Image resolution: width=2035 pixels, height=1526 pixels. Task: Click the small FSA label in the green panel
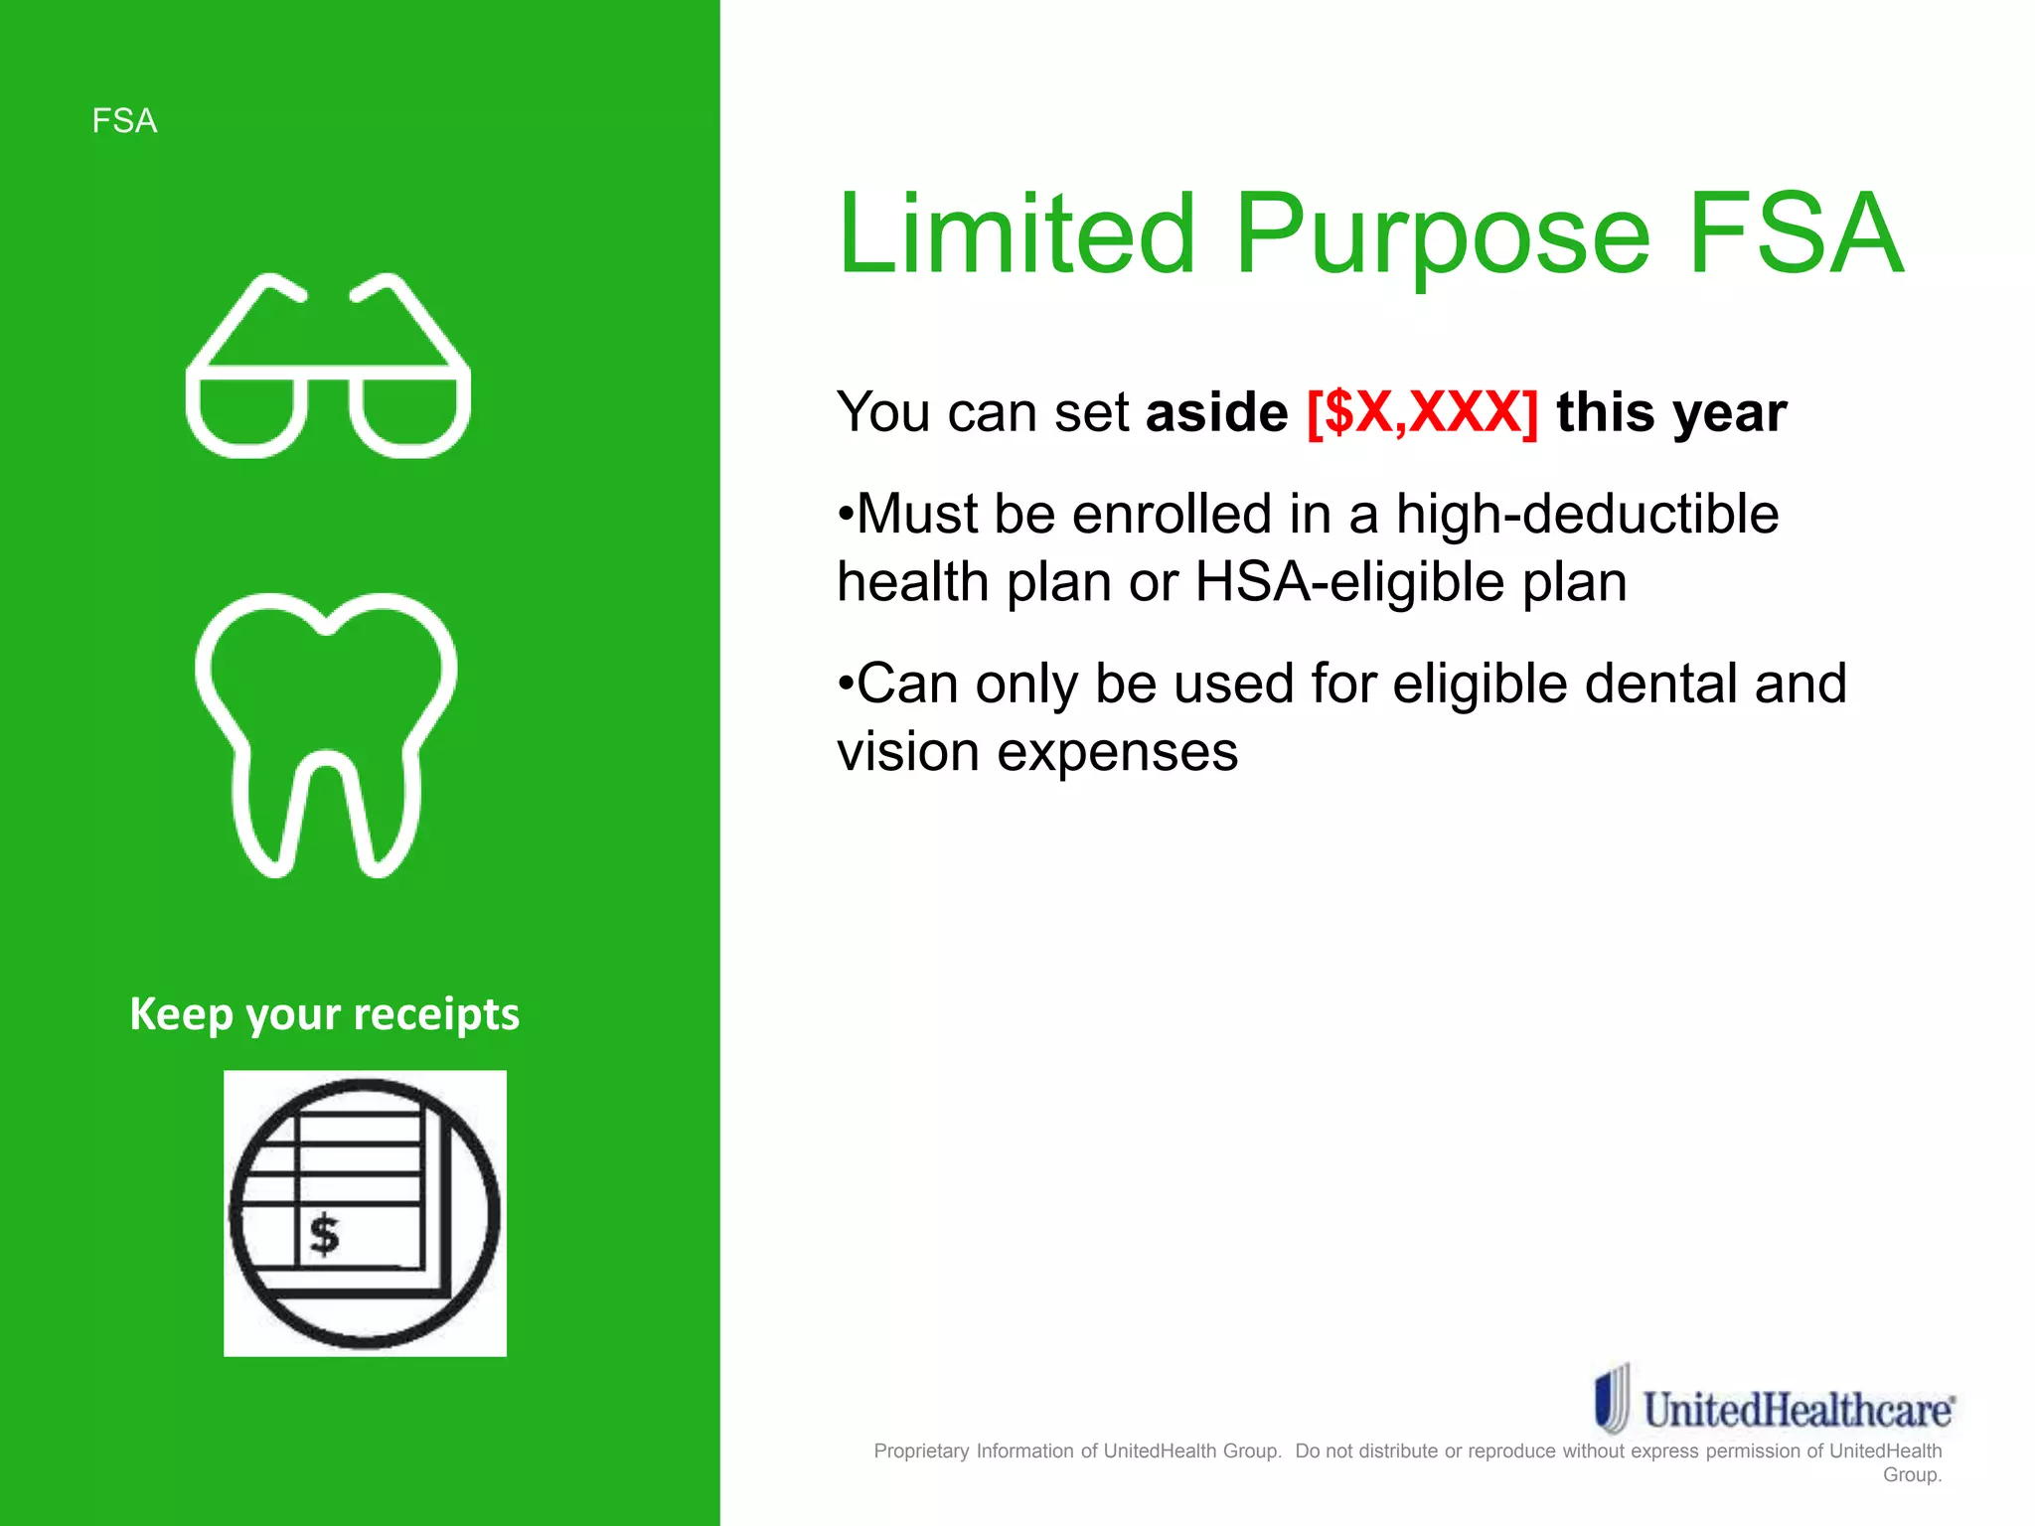[x=124, y=121]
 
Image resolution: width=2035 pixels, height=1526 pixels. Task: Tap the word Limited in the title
[x=1017, y=234]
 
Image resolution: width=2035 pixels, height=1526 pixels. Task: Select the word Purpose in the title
[x=1442, y=236]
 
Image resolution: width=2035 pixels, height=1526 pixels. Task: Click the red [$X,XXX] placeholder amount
[x=1422, y=412]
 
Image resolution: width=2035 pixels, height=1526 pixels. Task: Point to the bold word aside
[x=1216, y=412]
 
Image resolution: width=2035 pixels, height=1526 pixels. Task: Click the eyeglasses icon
[x=328, y=365]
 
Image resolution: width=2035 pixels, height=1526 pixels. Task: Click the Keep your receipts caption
[x=324, y=1014]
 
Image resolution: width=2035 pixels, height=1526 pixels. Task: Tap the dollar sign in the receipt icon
[x=324, y=1235]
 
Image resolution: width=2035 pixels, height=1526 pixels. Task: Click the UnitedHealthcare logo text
[x=1798, y=1410]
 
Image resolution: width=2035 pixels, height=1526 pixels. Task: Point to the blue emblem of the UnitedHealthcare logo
[x=1612, y=1398]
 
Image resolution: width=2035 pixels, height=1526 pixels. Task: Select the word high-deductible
[x=1587, y=514]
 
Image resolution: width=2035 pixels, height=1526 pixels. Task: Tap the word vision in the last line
[x=908, y=751]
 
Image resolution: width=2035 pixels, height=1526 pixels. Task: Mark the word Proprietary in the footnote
[x=921, y=1450]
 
